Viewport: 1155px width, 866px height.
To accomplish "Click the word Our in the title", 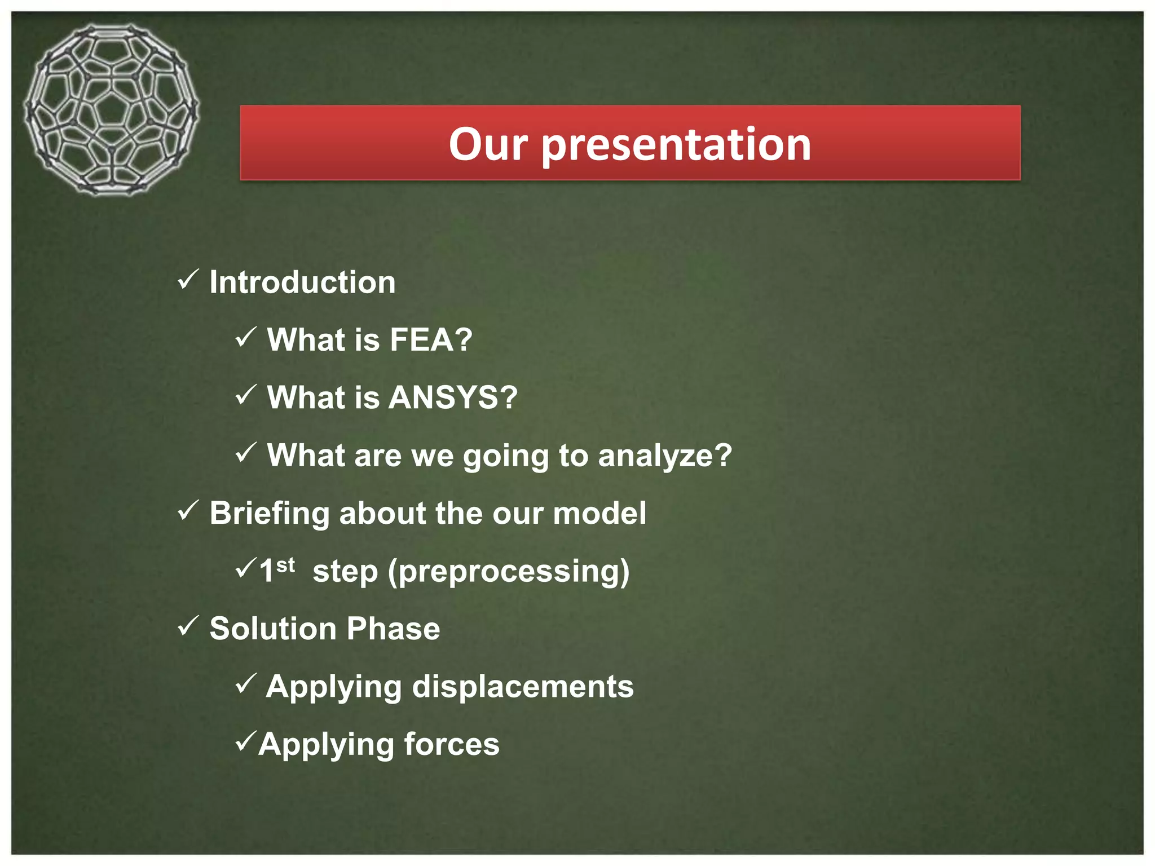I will pos(488,144).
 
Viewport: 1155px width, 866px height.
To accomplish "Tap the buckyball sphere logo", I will pos(111,110).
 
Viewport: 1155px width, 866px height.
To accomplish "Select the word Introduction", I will pos(302,282).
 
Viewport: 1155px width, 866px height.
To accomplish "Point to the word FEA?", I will pos(431,339).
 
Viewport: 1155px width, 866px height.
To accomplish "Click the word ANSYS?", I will pos(453,397).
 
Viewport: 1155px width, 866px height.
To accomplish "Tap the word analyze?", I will pos(665,456).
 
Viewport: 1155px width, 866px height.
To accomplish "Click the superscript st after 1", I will pos(285,564).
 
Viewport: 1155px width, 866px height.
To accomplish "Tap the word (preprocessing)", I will pos(509,572).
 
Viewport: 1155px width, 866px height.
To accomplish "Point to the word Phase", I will pos(393,629).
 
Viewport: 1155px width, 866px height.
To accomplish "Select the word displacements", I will pos(523,687).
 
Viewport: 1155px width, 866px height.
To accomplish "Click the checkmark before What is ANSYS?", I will pos(246,395).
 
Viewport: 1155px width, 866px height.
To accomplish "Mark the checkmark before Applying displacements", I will pos(246,683).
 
